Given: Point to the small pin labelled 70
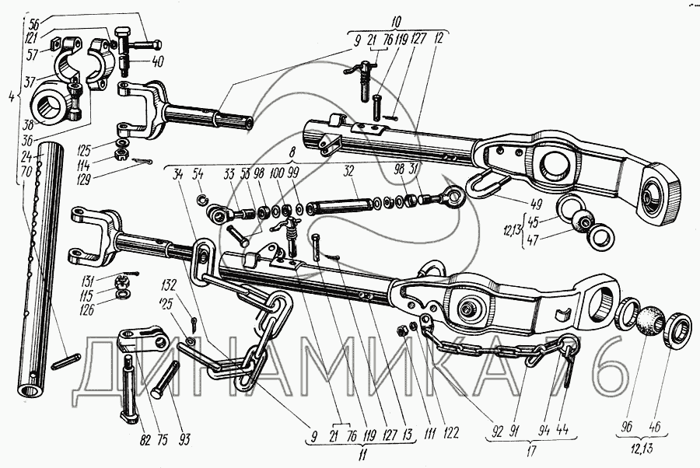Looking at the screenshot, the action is [x=65, y=360].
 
